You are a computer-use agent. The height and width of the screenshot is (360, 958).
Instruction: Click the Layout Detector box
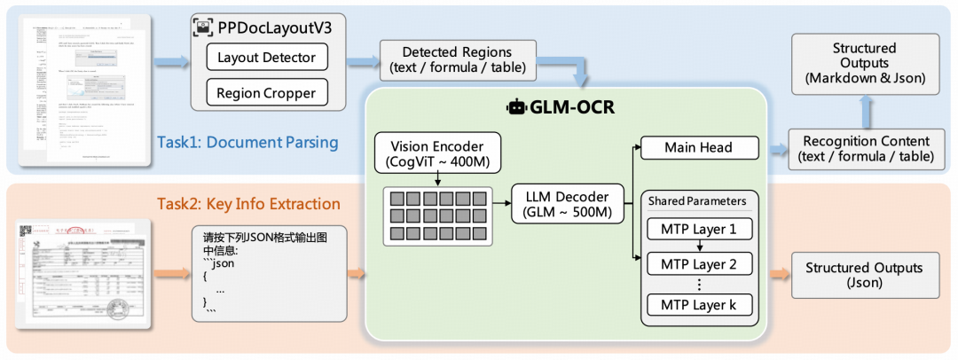coord(267,59)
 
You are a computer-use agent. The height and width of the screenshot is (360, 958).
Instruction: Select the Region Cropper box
coord(267,93)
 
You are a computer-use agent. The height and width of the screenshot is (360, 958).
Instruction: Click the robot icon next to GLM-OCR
coord(516,108)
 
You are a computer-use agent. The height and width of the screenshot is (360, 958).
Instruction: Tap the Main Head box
coord(699,148)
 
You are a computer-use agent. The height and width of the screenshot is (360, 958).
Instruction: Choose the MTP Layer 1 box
coord(699,229)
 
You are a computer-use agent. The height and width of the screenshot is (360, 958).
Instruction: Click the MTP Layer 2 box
coord(699,263)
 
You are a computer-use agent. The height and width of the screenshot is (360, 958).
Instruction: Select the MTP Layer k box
coord(699,306)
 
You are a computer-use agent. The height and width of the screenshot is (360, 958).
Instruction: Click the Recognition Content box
coord(866,148)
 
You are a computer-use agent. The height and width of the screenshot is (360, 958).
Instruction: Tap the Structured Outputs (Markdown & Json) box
coord(864,63)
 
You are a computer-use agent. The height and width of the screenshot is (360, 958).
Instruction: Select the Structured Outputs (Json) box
coord(864,275)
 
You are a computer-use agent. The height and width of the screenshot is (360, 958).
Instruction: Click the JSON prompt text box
coord(266,275)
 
